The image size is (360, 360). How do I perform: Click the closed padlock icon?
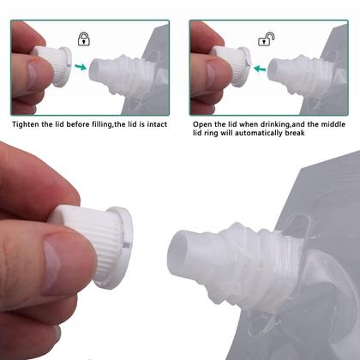[83, 38]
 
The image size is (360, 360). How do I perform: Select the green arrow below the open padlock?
[258, 66]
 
